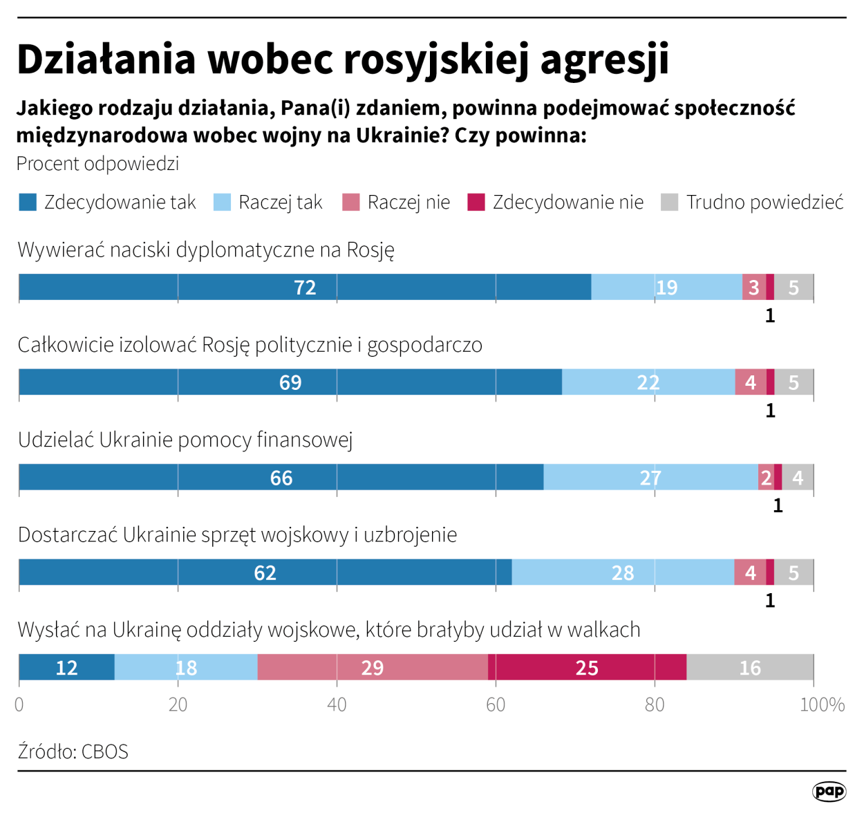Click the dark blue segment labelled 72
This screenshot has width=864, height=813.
tap(305, 287)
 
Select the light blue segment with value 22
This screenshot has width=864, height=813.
tap(648, 382)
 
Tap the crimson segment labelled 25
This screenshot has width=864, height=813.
tap(587, 667)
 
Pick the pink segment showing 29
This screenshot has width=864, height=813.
tap(373, 667)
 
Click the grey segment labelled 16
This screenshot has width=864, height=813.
tap(750, 667)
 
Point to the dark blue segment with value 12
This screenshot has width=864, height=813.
tap(66, 667)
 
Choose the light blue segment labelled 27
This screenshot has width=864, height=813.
tap(650, 477)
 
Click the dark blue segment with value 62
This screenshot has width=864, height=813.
tap(265, 572)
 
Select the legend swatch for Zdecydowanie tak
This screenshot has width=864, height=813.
tap(28, 203)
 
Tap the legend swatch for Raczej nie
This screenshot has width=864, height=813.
tap(351, 203)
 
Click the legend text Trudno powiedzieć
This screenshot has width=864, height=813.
tap(764, 203)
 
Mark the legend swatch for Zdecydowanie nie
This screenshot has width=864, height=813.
tap(476, 203)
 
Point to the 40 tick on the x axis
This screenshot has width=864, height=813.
tap(337, 704)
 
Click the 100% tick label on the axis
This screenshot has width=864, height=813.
tap(822, 704)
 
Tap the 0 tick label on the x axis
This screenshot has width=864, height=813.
tap(19, 704)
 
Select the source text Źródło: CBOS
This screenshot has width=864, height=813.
tap(73, 751)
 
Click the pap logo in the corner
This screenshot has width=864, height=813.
tap(829, 791)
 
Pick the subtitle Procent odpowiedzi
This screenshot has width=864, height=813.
tap(97, 164)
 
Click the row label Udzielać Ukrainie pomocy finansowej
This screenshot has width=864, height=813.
tap(185, 440)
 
